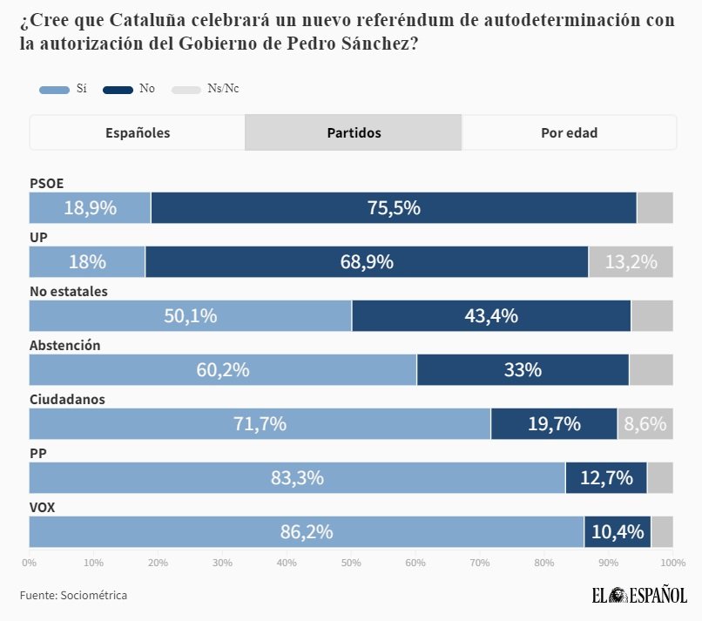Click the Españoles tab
click(138, 133)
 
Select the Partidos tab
click(354, 133)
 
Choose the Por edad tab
click(569, 133)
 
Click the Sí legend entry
click(64, 89)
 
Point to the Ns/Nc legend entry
click(207, 89)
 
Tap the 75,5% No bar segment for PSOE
click(394, 208)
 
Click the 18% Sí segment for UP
click(87, 262)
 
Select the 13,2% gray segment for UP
click(631, 262)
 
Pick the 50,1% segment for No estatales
click(190, 316)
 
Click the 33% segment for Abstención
click(523, 370)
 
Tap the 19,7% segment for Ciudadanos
click(554, 424)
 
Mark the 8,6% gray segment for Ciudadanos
click(645, 424)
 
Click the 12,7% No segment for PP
click(606, 478)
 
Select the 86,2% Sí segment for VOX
click(307, 532)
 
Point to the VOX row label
click(43, 507)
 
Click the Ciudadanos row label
click(67, 399)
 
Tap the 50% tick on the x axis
click(351, 563)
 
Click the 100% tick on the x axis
click(672, 563)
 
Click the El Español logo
click(638, 596)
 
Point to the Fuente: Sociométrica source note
click(74, 596)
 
